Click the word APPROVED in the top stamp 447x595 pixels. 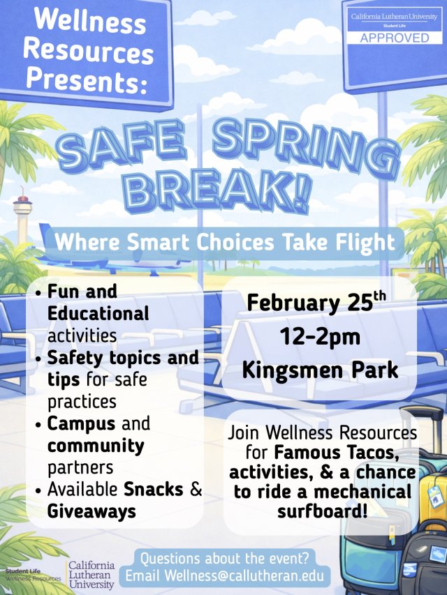(x=395, y=37)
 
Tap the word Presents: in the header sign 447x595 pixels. (x=85, y=82)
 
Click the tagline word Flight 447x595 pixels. (x=360, y=242)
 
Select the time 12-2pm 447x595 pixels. (x=320, y=337)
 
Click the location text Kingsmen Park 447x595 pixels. (x=320, y=369)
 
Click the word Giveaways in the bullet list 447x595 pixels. (x=91, y=511)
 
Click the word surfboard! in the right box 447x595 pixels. (x=321, y=513)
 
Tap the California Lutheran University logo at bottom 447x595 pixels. (x=91, y=573)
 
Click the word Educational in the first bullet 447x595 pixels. (x=98, y=313)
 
